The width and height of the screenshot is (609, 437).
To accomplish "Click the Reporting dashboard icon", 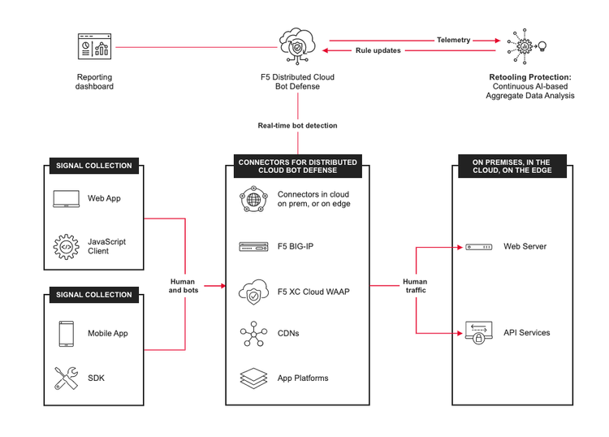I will [94, 49].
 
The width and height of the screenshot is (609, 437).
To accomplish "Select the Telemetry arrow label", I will [454, 40].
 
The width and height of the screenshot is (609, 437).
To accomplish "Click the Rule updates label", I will [378, 50].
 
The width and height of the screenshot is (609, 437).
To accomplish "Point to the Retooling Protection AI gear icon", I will [525, 45].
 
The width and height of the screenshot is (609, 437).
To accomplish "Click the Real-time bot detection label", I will [297, 125].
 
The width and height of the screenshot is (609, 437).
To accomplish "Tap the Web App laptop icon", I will [65, 198].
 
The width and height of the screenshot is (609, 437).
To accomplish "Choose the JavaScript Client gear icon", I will [65, 246].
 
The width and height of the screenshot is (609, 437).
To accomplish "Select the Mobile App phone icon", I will [65, 334].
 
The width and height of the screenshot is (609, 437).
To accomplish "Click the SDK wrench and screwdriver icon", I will [65, 378].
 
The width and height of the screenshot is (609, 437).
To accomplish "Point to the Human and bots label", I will [182, 285].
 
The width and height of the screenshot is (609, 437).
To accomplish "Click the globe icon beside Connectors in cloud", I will [253, 200].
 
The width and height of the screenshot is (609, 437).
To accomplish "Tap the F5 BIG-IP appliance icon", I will [253, 246].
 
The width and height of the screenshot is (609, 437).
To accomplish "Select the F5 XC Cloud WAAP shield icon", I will [253, 292].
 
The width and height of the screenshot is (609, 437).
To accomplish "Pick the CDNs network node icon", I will [253, 334].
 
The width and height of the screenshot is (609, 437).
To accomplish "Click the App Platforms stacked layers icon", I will [253, 378].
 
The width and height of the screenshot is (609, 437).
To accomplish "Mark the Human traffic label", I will [415, 285].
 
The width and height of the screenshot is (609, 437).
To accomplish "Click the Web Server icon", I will [479, 246].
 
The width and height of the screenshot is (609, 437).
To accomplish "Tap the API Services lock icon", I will [479, 333].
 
